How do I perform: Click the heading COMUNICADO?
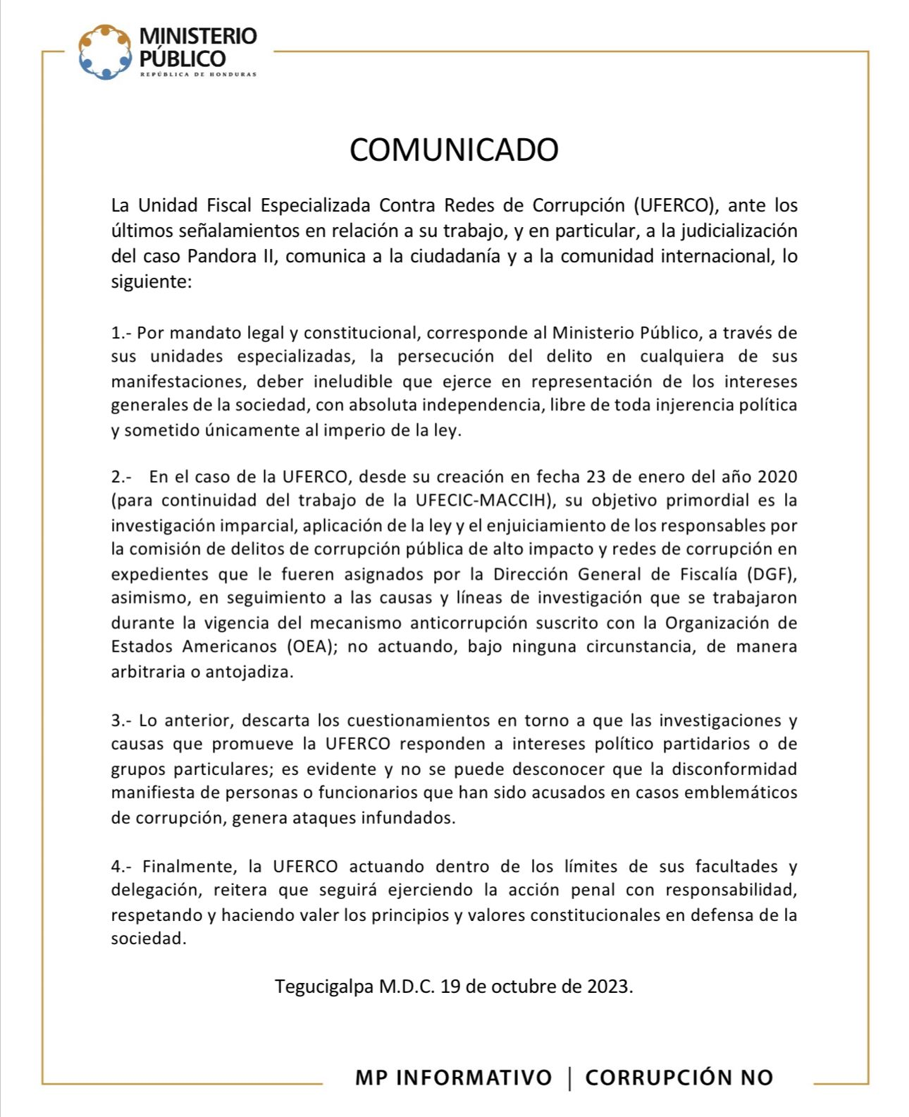point(454,149)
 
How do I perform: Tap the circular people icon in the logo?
point(105,52)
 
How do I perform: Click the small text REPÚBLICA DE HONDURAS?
point(198,74)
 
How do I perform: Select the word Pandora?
point(223,256)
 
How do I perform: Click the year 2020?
point(777,477)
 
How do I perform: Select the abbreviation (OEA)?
point(309,647)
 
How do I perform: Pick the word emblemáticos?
point(744,793)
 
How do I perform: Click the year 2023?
point(608,986)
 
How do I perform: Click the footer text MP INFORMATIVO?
point(453,1078)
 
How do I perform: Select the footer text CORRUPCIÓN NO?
point(679,1078)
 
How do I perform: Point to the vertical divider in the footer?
point(569,1078)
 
